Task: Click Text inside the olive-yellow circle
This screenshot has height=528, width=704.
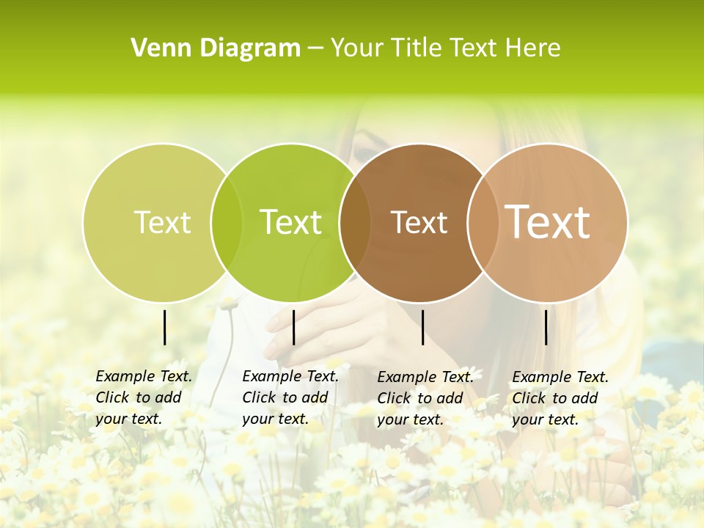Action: (x=162, y=222)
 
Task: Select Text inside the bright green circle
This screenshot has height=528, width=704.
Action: (x=291, y=222)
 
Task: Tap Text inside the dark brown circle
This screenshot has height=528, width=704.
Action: (x=419, y=222)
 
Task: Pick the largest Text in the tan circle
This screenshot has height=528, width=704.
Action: (x=548, y=221)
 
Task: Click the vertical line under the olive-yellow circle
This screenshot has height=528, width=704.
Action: (x=165, y=327)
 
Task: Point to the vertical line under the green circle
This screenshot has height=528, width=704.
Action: (x=293, y=327)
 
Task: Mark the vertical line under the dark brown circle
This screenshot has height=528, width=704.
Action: (x=422, y=327)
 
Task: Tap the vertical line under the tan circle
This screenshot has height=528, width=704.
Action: (x=546, y=327)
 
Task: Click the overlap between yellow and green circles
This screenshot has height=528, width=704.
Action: (x=227, y=222)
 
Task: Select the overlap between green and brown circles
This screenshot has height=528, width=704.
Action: (x=355, y=222)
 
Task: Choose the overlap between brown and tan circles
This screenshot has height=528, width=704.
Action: (x=483, y=222)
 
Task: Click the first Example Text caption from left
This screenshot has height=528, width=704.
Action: (x=143, y=397)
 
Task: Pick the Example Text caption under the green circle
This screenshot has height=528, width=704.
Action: (x=290, y=397)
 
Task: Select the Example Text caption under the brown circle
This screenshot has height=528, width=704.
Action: (x=425, y=398)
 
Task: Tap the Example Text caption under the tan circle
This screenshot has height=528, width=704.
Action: (x=560, y=398)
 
